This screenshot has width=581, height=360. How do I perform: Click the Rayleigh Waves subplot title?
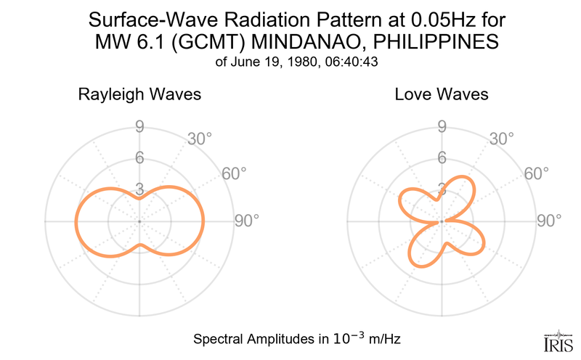139,94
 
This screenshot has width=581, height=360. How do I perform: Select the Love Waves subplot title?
442,94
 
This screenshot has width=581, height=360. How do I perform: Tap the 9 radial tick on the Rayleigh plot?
139,127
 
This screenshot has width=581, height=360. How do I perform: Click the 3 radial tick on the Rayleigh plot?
139,188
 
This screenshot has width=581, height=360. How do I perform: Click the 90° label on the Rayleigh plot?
246,221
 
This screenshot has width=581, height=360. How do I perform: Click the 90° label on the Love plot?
549,221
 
